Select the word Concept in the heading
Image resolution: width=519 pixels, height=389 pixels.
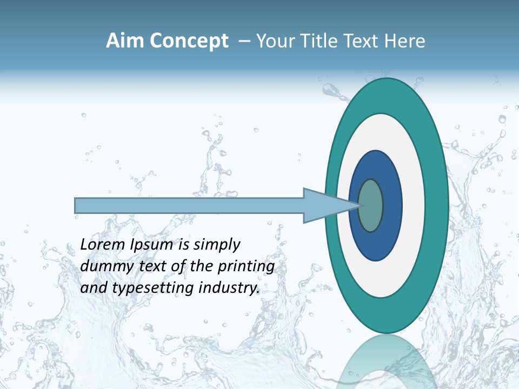pos(190,41)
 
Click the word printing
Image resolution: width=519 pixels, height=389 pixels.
pos(246,267)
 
